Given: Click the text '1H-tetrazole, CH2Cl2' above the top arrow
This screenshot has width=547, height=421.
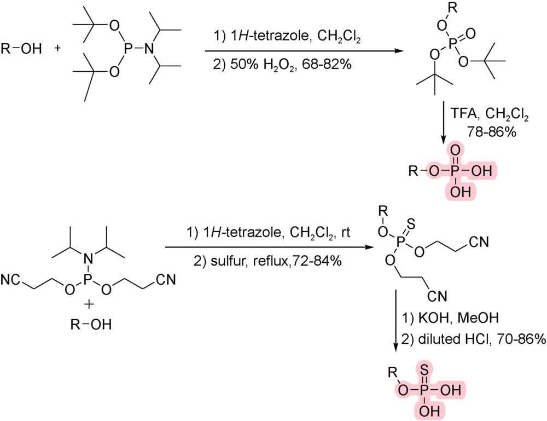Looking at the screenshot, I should coord(288,38).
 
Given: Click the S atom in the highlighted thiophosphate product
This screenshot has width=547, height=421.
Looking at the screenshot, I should coord(424,370).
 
